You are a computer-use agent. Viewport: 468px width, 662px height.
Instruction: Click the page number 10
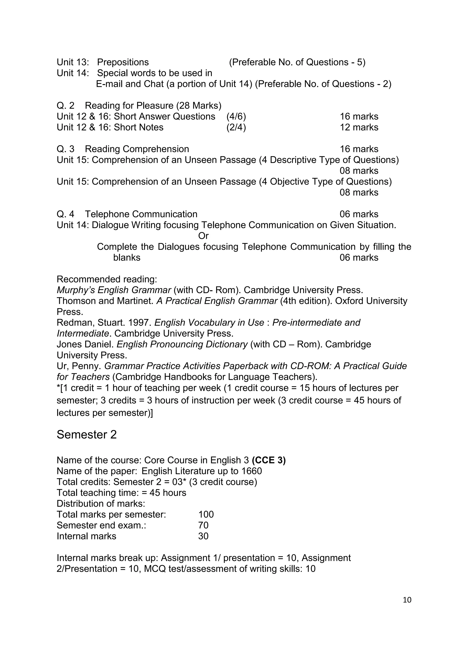pyautogui.click(x=407, y=600)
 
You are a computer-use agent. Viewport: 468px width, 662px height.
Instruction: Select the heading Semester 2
pyautogui.click(x=86, y=435)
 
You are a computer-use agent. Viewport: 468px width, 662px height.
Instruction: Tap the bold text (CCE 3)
pyautogui.click(x=269, y=460)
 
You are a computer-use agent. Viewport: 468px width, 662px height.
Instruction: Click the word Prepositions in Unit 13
pyautogui.click(x=123, y=62)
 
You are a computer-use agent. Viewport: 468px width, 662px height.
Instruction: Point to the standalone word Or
pyautogui.click(x=203, y=236)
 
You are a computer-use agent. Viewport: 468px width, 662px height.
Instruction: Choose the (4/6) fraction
pyautogui.click(x=236, y=117)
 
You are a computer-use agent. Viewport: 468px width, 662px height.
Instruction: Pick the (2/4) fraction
pyautogui.click(x=236, y=128)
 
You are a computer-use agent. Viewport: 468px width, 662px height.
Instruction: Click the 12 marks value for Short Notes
pyautogui.click(x=359, y=128)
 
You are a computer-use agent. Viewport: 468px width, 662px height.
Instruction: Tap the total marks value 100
pyautogui.click(x=206, y=514)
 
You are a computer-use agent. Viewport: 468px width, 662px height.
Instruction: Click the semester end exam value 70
pyautogui.click(x=203, y=525)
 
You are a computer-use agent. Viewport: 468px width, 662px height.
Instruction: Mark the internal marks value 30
pyautogui.click(x=203, y=536)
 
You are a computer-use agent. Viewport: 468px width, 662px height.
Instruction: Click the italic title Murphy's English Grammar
pyautogui.click(x=114, y=290)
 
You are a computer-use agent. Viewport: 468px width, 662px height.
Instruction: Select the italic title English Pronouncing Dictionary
pyautogui.click(x=182, y=344)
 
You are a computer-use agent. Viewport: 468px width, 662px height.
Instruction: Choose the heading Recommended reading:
pyautogui.click(x=107, y=279)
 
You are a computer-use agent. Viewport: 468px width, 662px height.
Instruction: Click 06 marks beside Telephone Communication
pyautogui.click(x=359, y=214)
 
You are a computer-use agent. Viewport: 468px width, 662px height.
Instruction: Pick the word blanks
pyautogui.click(x=127, y=257)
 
